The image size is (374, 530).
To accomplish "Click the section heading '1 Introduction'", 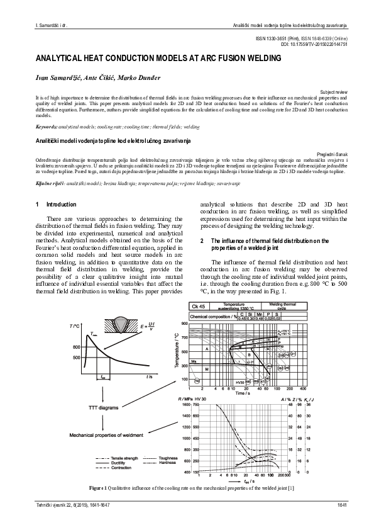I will [57, 205].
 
